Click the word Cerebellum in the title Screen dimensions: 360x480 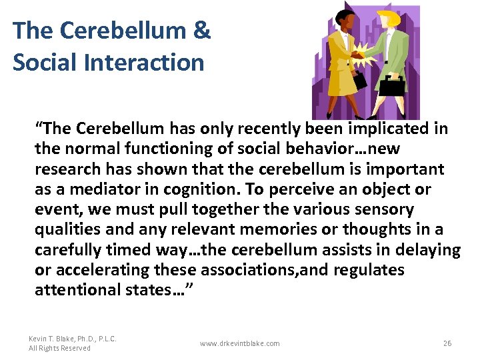click(x=114, y=31)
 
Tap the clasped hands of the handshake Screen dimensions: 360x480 click(x=364, y=51)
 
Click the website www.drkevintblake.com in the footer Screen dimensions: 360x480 click(x=240, y=343)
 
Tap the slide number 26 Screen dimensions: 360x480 click(x=447, y=343)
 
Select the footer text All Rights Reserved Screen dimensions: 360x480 click(x=59, y=348)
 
